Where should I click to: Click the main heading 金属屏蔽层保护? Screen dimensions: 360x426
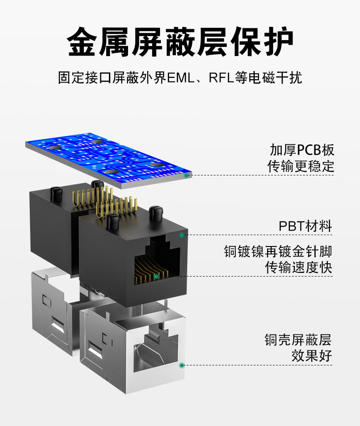click(180, 42)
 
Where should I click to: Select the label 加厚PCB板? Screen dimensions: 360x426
click(302, 150)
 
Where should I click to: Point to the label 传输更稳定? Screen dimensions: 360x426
click(301, 166)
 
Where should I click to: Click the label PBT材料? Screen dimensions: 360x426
click(305, 226)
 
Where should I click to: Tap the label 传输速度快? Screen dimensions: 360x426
click(299, 267)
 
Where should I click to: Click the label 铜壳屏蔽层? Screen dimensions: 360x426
click(298, 339)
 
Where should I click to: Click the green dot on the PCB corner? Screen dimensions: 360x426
click(185, 175)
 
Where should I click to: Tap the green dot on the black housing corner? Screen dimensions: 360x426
click(182, 235)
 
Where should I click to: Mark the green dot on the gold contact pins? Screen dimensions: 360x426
click(156, 276)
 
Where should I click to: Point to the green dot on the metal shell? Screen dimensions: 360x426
click(182, 365)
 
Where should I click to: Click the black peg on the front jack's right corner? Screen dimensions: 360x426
click(155, 212)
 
